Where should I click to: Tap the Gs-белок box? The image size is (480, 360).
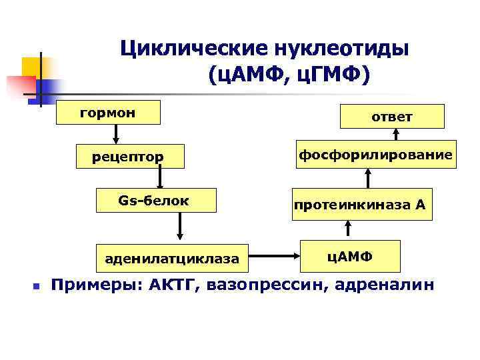tap(154, 200)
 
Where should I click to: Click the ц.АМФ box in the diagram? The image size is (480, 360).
tap(351, 255)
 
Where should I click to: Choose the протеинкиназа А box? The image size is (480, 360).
tap(359, 205)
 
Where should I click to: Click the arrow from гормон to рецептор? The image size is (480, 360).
tap(115, 134)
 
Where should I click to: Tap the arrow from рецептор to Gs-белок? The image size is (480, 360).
tap(159, 178)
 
